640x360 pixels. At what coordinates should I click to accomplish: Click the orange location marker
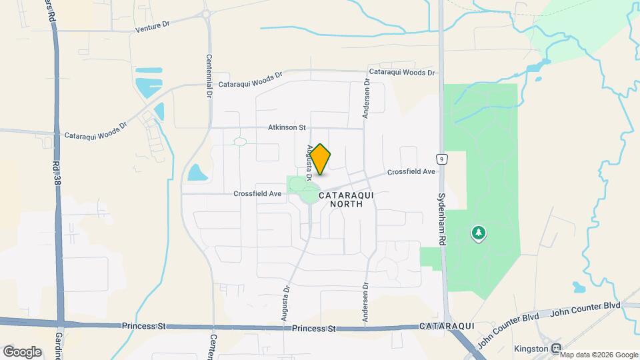(321, 159)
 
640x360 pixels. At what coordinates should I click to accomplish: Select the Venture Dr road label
(153, 27)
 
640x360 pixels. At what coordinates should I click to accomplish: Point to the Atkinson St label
(287, 127)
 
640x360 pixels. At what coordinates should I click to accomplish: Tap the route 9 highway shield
(441, 159)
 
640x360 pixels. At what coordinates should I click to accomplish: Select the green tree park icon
(479, 233)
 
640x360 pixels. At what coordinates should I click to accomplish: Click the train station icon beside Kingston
(555, 349)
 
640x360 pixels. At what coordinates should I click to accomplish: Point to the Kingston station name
(531, 349)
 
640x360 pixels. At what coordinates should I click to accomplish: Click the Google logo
(22, 351)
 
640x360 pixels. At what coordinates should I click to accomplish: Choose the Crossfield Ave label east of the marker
(411, 172)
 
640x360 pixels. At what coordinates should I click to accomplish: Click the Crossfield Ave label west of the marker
(257, 194)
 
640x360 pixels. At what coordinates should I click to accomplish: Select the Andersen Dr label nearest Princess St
(365, 303)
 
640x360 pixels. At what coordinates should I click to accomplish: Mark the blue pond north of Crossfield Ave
(197, 173)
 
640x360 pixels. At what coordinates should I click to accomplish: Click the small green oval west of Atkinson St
(239, 141)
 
